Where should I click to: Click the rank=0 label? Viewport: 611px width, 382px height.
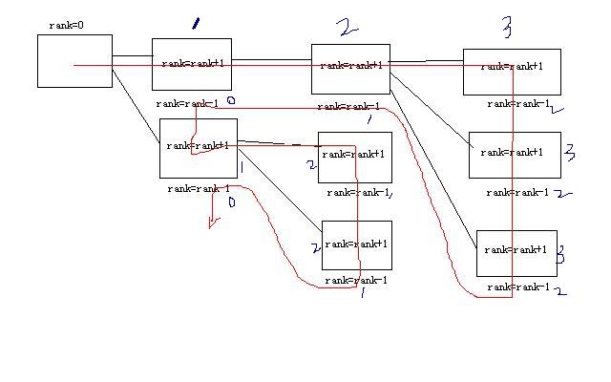pos(67,25)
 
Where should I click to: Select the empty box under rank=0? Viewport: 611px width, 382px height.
pos(74,60)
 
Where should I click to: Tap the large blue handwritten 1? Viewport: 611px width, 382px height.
pos(196,23)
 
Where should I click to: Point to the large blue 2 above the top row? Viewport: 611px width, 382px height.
pos(348,27)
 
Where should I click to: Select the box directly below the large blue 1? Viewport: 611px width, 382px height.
pos(192,63)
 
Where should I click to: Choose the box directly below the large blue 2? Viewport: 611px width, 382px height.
pos(350,69)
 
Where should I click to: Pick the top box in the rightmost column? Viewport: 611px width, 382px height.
pos(512,72)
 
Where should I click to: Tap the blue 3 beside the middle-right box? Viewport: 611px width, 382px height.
pos(569,152)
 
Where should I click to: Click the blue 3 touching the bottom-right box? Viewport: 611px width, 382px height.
pos(560,256)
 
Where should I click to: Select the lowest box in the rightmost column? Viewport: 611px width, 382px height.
pos(516,253)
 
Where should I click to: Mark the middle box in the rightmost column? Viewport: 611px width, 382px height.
pos(515,155)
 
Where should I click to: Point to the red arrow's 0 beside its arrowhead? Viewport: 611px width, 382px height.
pos(230,202)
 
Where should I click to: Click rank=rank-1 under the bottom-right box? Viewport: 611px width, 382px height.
pos(518,286)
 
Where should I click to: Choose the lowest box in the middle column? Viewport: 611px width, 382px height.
pos(356,245)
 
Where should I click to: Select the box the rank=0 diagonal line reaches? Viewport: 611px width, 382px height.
pos(198,148)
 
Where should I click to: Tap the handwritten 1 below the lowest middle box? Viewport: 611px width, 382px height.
pos(362,294)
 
